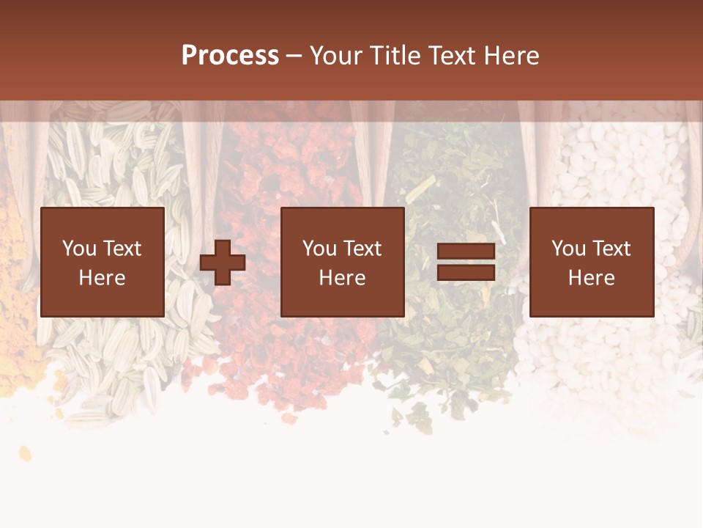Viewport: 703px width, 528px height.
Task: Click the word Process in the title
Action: (230, 56)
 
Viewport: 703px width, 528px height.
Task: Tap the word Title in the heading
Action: (394, 56)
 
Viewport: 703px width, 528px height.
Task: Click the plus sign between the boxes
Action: (223, 263)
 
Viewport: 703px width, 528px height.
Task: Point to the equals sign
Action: (466, 263)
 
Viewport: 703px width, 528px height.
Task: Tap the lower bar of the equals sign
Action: (466, 272)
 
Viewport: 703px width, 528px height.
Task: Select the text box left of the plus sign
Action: (103, 262)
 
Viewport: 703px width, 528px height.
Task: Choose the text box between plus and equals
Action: (343, 262)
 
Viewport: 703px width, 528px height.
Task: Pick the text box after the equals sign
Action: (592, 262)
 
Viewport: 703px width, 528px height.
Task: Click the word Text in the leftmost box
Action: (121, 249)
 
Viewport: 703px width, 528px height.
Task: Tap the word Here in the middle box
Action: (343, 278)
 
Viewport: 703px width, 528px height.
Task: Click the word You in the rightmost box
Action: (568, 249)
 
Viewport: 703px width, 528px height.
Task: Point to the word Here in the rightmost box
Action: (592, 278)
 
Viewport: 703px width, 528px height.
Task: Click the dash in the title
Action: (294, 56)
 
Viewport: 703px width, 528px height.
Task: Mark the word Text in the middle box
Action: (361, 249)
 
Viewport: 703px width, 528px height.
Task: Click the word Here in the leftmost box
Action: (103, 278)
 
